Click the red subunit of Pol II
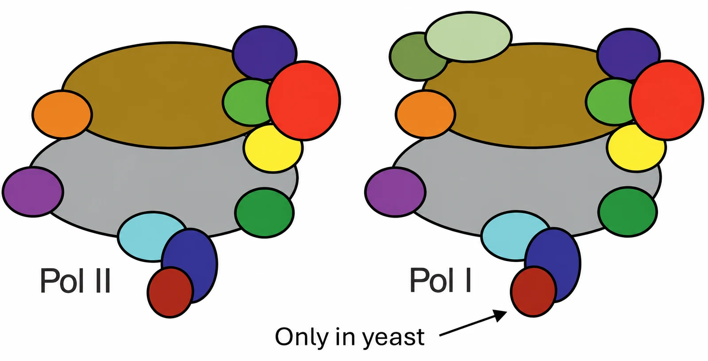tap(304, 100)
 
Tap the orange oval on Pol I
tap(425, 114)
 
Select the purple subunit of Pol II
tap(33, 192)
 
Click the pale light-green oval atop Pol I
tap(469, 36)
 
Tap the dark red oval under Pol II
tap(170, 292)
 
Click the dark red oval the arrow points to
tap(534, 292)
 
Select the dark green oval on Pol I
tap(628, 212)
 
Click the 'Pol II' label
tap(75, 280)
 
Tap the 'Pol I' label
tap(441, 280)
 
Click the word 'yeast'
tap(393, 338)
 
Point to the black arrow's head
tap(500, 315)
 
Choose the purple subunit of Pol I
tap(396, 192)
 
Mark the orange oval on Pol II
tap(62, 114)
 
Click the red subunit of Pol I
tap(667, 100)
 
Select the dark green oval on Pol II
tap(265, 212)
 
